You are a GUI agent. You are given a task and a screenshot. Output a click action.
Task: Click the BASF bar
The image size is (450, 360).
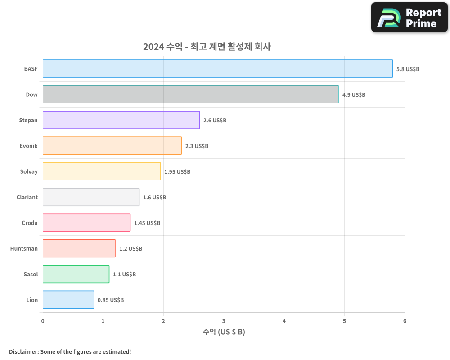pyautogui.click(x=218, y=69)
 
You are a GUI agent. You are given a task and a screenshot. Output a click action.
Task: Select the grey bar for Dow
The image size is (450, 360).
pyautogui.click(x=190, y=94)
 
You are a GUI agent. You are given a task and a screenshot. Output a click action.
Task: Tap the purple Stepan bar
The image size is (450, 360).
pyautogui.click(x=121, y=120)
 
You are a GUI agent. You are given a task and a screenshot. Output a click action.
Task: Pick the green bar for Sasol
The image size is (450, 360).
pyautogui.click(x=76, y=274)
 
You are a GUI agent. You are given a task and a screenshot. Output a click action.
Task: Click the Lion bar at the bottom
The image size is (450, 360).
pyautogui.click(x=68, y=300)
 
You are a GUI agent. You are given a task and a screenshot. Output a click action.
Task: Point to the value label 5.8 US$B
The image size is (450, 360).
pyautogui.click(x=408, y=69)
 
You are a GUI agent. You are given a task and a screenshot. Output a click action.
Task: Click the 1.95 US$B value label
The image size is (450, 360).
pyautogui.click(x=177, y=172)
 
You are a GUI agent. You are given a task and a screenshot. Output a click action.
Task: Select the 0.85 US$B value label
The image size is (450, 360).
pyautogui.click(x=111, y=300)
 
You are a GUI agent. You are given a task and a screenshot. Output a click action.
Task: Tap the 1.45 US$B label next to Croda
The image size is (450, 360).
pyautogui.click(x=147, y=223)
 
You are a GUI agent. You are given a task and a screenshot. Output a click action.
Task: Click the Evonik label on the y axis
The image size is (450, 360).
pyautogui.click(x=29, y=146)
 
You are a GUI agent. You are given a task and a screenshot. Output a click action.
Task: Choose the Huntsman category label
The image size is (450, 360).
pyautogui.click(x=24, y=248)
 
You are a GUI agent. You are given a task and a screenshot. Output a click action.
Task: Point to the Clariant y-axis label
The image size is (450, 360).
pyautogui.click(x=27, y=197)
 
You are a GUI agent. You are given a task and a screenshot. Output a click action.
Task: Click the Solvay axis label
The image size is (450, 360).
pyautogui.click(x=29, y=171)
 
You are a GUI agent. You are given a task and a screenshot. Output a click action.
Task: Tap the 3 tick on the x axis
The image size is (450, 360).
pyautogui.click(x=224, y=321)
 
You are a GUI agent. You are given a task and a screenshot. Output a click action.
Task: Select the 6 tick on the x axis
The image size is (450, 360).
pyautogui.click(x=405, y=321)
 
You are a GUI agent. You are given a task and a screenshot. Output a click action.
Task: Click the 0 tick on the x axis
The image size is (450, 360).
pyautogui.click(x=43, y=321)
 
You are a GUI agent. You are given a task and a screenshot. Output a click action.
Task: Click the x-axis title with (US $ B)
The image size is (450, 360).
pyautogui.click(x=224, y=332)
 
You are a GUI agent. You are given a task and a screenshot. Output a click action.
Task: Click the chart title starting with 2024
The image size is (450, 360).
pyautogui.click(x=207, y=46)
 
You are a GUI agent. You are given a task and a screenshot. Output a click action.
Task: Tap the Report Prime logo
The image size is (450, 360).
pyautogui.click(x=409, y=18)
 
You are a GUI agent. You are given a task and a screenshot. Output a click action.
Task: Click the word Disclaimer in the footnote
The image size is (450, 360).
pyautogui.click(x=23, y=351)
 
